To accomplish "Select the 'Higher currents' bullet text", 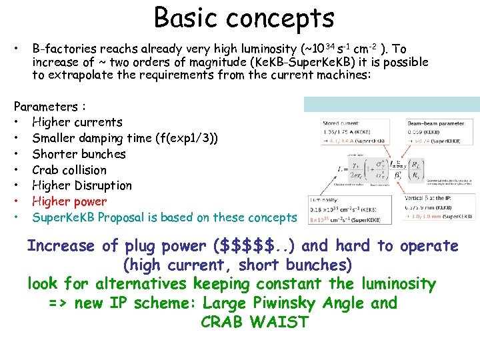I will point(77,122).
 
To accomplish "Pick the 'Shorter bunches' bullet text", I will point(79,154).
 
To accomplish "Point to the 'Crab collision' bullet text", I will point(69,170).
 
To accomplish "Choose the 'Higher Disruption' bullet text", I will point(82,185).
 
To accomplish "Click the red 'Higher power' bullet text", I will point(69,201).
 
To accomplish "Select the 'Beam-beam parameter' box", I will point(440,132).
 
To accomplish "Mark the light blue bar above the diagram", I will point(391,104).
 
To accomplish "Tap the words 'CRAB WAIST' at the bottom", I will point(254,323).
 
